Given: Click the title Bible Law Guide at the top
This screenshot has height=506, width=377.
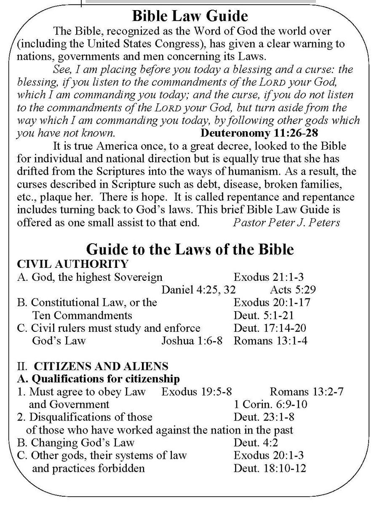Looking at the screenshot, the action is coord(190,16).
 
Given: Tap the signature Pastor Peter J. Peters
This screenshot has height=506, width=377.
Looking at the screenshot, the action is coord(286,222).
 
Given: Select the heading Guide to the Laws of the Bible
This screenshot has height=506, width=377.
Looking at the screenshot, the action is coord(190,249).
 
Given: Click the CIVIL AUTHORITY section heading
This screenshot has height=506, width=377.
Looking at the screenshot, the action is coord(72,264).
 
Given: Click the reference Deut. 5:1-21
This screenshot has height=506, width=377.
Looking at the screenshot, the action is coord(264,315).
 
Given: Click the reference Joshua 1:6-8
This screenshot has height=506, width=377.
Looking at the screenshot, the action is coord(192,340).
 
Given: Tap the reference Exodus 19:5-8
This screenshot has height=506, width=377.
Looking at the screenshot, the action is coord(196,391).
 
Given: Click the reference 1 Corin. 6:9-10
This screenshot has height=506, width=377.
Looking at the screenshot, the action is coord(270,404).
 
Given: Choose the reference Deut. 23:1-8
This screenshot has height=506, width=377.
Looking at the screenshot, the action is coord(264,417).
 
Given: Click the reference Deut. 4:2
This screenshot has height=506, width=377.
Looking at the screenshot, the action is coord(256,442).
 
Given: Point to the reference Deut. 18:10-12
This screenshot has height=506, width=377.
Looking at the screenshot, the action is coord(270,468).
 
